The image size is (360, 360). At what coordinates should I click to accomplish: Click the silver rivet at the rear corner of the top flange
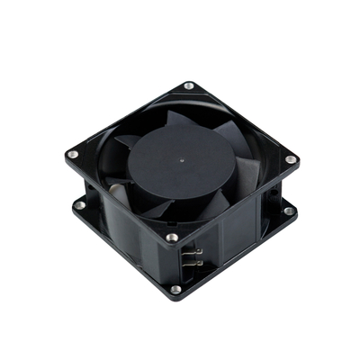[x=189, y=86]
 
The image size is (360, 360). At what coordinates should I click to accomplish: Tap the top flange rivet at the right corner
[x=291, y=160]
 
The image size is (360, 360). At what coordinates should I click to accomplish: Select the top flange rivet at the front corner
[x=171, y=238]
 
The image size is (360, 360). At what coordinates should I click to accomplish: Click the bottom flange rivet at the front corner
[x=175, y=289]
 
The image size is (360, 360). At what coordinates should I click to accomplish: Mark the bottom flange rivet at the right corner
[x=289, y=211]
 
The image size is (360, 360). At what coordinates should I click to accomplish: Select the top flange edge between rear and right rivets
[x=241, y=121]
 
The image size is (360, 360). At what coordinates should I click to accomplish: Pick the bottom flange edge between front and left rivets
[x=126, y=251]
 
